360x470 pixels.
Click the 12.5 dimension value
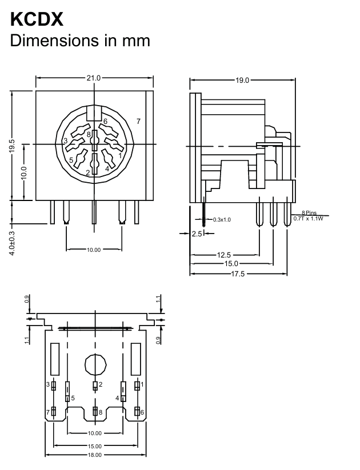tap(224, 255)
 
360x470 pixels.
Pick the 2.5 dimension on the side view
tap(197, 234)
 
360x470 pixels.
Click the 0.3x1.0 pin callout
tap(221, 219)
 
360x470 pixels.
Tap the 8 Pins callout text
tap(309, 213)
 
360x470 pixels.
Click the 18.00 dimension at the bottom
tap(94, 455)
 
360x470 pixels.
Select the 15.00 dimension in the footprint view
tap(94, 446)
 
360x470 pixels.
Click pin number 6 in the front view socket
tap(105, 122)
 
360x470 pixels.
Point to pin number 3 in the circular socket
tap(66, 140)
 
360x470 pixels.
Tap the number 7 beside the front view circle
tap(138, 120)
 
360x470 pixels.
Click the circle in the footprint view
tap(95, 363)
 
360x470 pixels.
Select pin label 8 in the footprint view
tap(101, 412)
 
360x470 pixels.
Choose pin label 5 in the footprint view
tap(73, 398)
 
